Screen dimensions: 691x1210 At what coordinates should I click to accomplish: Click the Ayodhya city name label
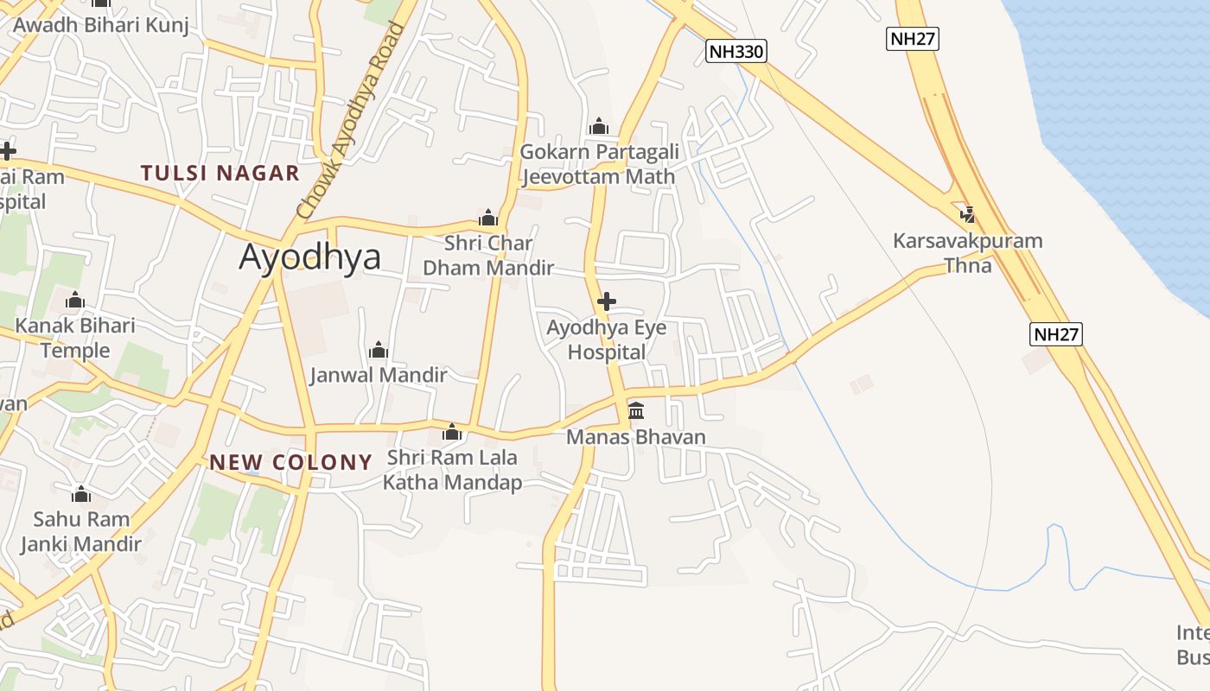pos(309,257)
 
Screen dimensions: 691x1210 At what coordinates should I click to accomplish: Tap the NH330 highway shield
pos(736,51)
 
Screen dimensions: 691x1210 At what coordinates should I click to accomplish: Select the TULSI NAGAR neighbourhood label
pos(220,173)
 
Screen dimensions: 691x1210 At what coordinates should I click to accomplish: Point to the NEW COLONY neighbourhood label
pos(290,462)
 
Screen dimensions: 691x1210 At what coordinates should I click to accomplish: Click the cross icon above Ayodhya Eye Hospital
pos(607,301)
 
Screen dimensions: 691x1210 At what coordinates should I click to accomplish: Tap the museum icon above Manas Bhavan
pos(636,409)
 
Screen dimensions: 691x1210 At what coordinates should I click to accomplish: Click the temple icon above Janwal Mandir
pos(378,350)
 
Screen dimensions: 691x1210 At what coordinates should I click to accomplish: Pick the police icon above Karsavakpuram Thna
pos(968,213)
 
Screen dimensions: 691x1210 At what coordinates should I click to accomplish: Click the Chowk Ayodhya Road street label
pos(349,121)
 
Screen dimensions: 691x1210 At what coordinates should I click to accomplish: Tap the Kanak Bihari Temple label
pos(75,338)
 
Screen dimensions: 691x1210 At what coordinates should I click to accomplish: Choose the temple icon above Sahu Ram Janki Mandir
pos(81,494)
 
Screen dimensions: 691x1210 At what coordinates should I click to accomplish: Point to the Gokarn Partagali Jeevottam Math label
pos(599,164)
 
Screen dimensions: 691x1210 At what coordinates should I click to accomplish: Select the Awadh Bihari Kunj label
pos(100,24)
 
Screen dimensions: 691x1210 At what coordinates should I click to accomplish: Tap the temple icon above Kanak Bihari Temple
pos(75,301)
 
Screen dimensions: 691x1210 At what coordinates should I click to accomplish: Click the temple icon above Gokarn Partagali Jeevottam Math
pos(599,127)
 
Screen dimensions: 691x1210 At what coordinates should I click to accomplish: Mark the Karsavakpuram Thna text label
pos(968,252)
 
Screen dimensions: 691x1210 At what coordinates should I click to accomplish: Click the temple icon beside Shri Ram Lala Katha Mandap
pos(452,432)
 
